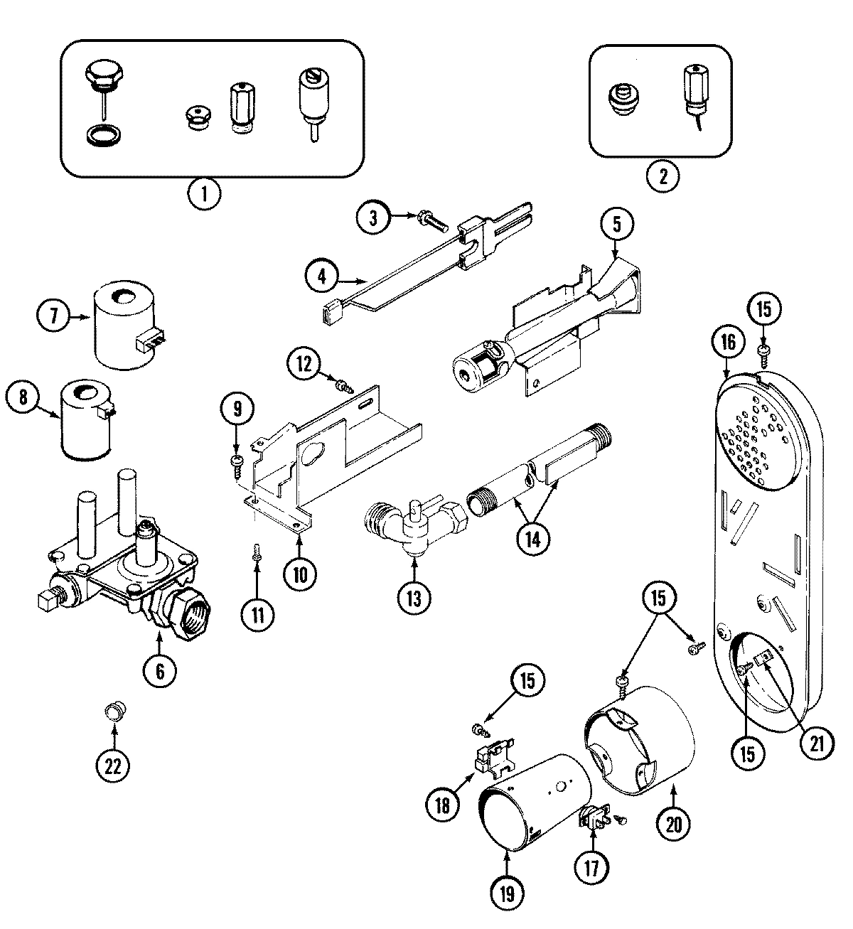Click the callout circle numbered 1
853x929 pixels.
point(205,194)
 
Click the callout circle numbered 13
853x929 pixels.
point(415,598)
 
